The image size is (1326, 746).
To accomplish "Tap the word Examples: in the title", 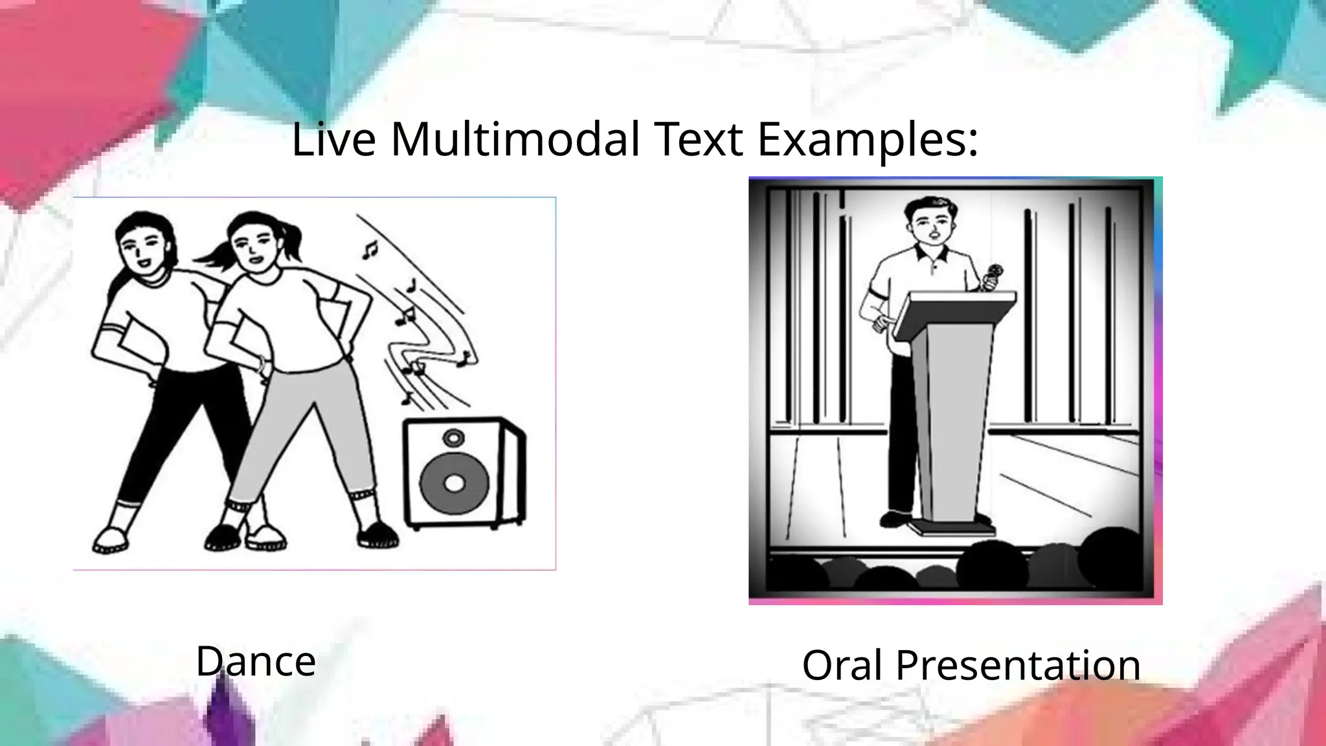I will (x=868, y=141).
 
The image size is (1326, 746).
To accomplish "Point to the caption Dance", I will (x=256, y=661).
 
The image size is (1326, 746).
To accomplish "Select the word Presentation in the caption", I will (x=1018, y=665).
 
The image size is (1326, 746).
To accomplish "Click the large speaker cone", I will (x=455, y=482).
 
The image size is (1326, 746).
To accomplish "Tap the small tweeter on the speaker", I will (x=453, y=438).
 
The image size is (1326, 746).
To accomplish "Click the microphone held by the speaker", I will (x=993, y=275).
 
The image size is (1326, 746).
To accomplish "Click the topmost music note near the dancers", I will (x=370, y=249).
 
